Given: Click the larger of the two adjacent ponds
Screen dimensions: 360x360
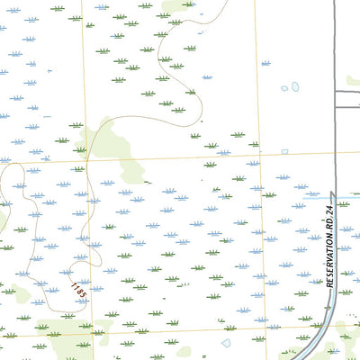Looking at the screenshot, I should (x=294, y=87).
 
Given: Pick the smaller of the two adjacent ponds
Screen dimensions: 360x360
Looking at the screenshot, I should (x=284, y=88).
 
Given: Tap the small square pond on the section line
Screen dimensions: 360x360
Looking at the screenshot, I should (x=284, y=151).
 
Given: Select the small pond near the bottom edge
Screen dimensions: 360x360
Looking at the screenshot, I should (x=226, y=343).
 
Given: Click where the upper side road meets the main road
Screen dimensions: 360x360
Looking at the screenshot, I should (x=335, y=87).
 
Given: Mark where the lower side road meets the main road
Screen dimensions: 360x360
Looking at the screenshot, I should (x=335, y=107).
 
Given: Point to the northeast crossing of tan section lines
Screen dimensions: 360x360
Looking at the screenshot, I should (x=260, y=153).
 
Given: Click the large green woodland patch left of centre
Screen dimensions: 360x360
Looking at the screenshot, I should (x=112, y=144).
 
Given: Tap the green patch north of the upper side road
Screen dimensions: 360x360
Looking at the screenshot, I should (x=354, y=81).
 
